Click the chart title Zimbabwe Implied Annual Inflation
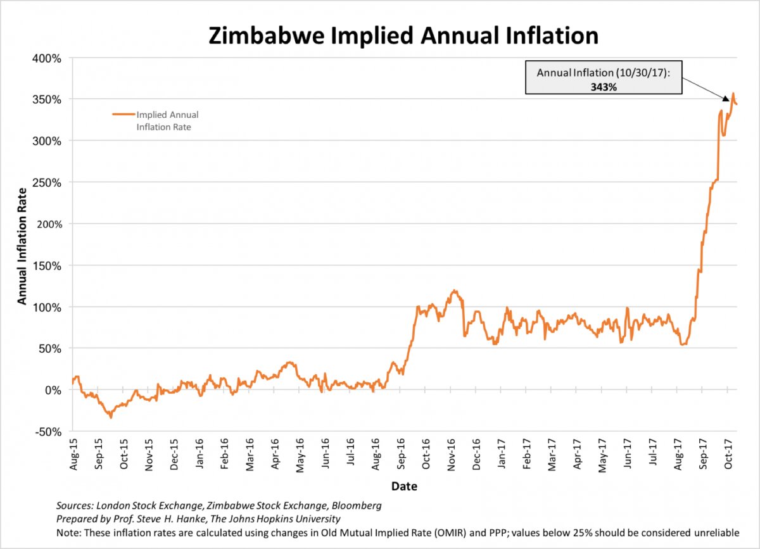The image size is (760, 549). coord(403,35)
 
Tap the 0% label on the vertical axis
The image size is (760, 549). coord(53,390)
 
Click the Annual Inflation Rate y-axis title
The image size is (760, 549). coord(22,245)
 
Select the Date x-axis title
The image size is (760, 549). coord(403,486)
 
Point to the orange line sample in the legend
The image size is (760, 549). coord(123,115)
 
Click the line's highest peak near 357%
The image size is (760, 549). coord(733,94)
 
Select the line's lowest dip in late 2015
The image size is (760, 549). coord(110,417)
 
